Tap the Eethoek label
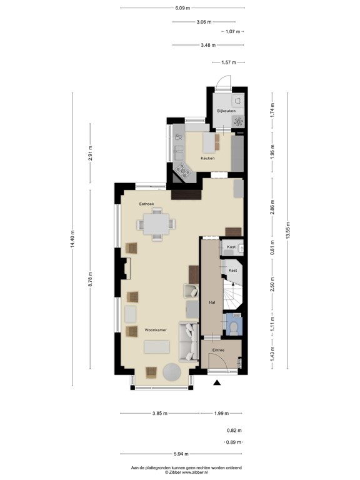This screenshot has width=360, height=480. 147,204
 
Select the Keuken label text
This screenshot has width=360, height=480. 207,158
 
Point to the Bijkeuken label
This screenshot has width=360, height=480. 226,111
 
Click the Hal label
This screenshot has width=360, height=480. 212,302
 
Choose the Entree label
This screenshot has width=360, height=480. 218,350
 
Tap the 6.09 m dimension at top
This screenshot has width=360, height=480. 182,8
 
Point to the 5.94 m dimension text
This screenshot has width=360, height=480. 181,454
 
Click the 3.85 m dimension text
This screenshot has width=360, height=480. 160,413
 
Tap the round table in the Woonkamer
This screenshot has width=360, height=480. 172,372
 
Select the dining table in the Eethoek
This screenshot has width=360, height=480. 156,224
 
